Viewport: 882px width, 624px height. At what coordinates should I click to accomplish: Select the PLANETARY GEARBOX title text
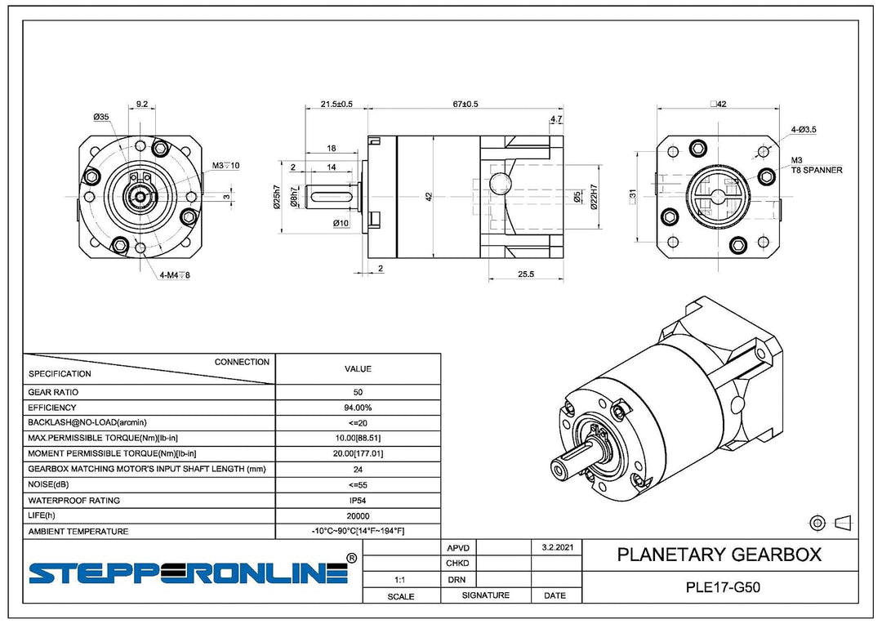(x=719, y=555)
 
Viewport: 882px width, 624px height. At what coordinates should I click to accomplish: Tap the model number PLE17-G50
(x=723, y=587)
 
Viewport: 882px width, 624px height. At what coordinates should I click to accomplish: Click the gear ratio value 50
(x=358, y=392)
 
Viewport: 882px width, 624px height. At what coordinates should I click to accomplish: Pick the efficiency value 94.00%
(x=358, y=408)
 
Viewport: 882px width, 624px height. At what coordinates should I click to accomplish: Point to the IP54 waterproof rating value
(x=358, y=500)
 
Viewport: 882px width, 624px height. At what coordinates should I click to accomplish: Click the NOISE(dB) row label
(x=48, y=484)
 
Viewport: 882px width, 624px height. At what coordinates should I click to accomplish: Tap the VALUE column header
(x=358, y=369)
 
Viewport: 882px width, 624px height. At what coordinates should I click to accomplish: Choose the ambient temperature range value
(x=358, y=531)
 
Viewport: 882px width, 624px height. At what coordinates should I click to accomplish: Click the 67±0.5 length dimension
(x=465, y=104)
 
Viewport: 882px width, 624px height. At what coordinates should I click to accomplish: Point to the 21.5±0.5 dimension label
(x=336, y=104)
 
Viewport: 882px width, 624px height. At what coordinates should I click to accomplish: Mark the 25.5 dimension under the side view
(x=525, y=274)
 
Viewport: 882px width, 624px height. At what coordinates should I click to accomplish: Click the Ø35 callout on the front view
(x=101, y=117)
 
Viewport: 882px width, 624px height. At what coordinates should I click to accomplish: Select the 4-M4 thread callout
(x=175, y=275)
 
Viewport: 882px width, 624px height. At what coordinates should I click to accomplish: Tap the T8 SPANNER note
(x=817, y=170)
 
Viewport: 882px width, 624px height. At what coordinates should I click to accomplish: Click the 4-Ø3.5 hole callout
(x=804, y=129)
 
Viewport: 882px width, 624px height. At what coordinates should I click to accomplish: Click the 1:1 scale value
(x=400, y=580)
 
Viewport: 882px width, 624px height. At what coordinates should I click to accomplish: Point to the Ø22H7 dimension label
(x=595, y=198)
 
